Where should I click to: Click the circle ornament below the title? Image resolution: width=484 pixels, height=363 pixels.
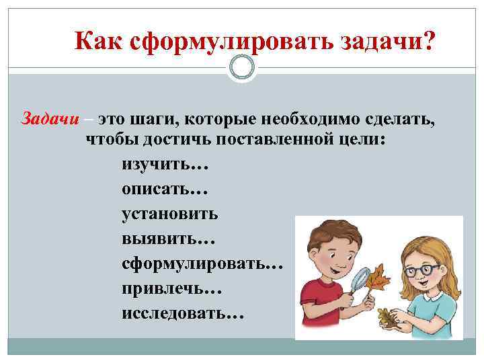[242, 67]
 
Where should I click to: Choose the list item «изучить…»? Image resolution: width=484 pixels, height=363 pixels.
[161, 165]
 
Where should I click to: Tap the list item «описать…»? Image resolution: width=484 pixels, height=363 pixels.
[161, 190]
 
